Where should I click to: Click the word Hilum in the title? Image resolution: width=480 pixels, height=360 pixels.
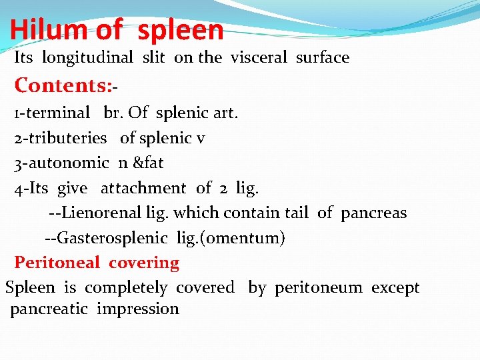coord(49,29)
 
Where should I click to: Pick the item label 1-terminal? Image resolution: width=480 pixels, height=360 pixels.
coord(51,113)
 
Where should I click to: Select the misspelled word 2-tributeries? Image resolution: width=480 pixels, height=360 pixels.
coord(61,138)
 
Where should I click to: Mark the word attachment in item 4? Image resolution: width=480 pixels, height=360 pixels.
coord(143,189)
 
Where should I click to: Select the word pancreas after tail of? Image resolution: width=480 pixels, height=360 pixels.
coord(373,213)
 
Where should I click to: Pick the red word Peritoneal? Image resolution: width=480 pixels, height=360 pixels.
coord(57,263)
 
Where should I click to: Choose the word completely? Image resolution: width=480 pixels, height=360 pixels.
coord(126,288)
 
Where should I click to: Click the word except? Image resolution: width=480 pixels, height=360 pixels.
coord(395,288)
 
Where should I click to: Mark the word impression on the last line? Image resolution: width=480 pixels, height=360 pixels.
coord(138,309)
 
